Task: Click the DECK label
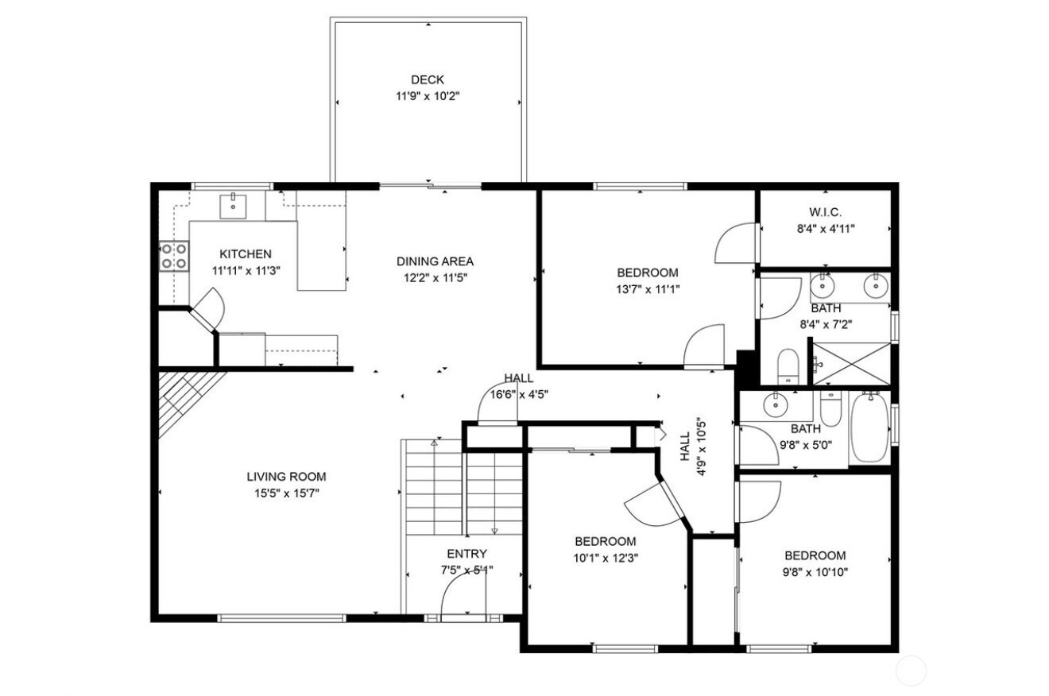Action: (427, 79)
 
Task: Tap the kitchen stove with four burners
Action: (174, 256)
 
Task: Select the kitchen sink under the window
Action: (233, 207)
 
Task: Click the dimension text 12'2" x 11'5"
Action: (435, 278)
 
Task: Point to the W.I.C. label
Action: (825, 212)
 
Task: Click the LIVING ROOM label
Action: (286, 477)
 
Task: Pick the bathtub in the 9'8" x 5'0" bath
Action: (869, 427)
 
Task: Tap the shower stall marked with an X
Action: (851, 364)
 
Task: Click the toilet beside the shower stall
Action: (788, 366)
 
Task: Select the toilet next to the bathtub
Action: (830, 408)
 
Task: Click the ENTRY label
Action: (467, 554)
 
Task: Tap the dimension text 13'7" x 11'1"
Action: (648, 289)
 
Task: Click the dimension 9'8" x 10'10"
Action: (815, 572)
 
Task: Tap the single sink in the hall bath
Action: (776, 405)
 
